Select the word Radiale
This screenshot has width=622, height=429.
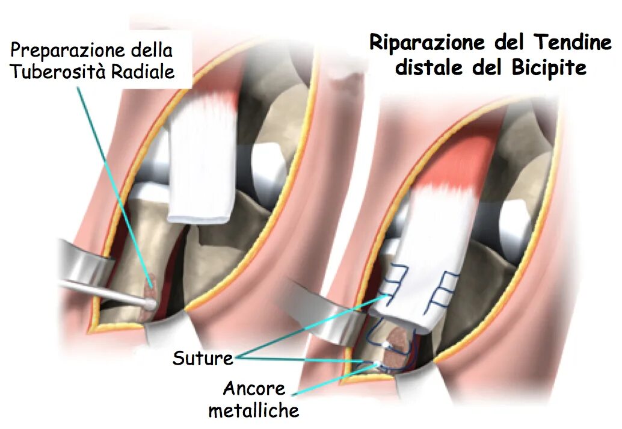[x=146, y=72]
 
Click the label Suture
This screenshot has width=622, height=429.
[x=203, y=359]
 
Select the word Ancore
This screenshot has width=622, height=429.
[x=255, y=389]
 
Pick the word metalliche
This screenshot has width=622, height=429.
[x=254, y=410]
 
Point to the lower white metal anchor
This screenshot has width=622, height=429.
[x=378, y=365]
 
